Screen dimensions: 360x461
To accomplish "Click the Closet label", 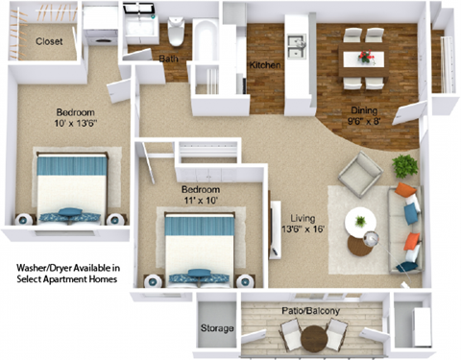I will tap(49, 41).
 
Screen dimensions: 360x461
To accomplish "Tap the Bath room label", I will tap(168, 59).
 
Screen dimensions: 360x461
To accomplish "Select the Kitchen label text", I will tap(265, 65).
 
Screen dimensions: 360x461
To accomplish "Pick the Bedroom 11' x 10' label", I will tap(201, 195).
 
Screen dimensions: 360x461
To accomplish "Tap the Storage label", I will tap(217, 329).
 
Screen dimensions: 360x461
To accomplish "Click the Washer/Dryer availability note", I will tap(67, 273).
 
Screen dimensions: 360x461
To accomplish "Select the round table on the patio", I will tap(313, 339).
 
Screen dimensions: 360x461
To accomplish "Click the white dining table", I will tap(365, 58).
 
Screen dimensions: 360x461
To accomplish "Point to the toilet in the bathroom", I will tap(177, 35).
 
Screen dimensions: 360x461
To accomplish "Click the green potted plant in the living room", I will tap(405, 165).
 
